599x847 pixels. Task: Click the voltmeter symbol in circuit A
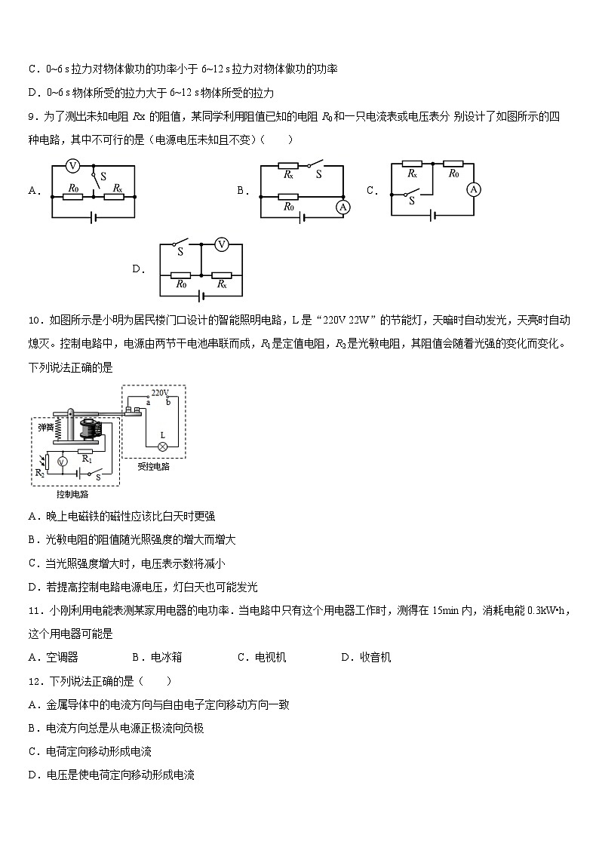click(x=73, y=165)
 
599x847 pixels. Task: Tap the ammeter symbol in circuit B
click(x=343, y=207)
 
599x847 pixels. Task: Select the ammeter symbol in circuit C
click(x=474, y=190)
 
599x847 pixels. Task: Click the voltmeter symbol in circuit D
click(x=222, y=244)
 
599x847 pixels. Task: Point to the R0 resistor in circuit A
click(x=73, y=198)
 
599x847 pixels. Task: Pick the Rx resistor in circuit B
click(x=288, y=165)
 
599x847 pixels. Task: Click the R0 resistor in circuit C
click(x=453, y=163)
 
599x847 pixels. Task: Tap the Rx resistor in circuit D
click(x=222, y=275)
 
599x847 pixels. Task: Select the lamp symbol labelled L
click(x=161, y=446)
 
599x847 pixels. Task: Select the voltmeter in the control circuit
click(x=64, y=460)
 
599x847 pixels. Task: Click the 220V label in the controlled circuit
click(x=159, y=393)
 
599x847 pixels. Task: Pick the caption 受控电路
click(x=153, y=466)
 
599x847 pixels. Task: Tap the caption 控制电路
click(x=72, y=494)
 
